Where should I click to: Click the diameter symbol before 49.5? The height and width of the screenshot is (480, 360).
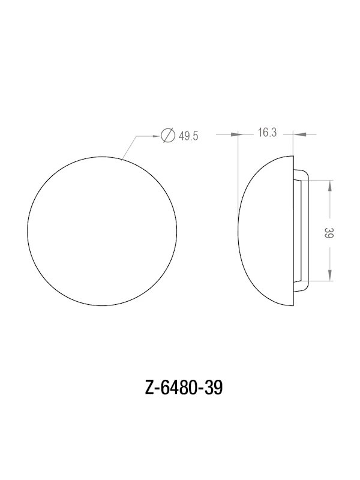point(169,136)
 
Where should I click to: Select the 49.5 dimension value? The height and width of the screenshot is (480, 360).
point(188,136)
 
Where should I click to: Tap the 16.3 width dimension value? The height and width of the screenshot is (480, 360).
point(267,133)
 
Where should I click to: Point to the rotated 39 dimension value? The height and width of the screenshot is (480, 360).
point(328,234)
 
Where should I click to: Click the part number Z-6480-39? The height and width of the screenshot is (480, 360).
point(180,388)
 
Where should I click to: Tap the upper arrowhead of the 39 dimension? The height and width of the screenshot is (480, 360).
point(329,184)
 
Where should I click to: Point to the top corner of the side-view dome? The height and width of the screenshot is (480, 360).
point(293,156)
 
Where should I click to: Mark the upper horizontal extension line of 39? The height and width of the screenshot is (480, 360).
point(321,179)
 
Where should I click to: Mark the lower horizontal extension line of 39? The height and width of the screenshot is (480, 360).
point(321,282)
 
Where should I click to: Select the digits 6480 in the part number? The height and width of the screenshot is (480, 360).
point(179,388)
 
